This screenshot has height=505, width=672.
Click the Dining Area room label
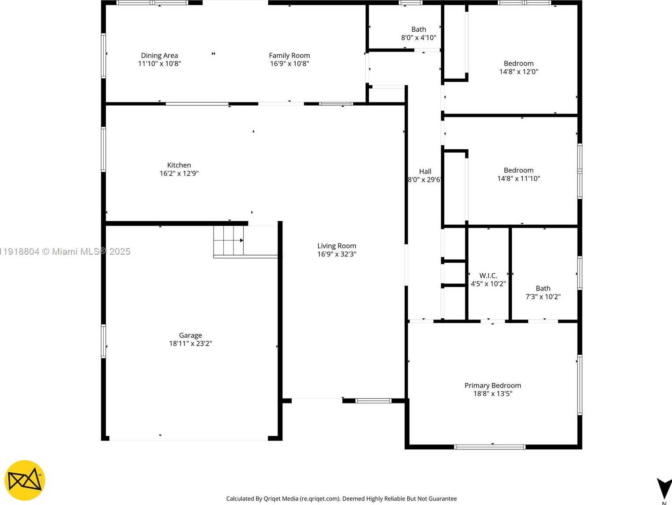[x=159, y=56]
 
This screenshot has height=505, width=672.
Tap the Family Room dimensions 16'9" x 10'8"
[x=289, y=64]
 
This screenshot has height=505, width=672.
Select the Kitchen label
[x=179, y=165]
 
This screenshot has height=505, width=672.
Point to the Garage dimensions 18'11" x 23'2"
[x=191, y=343]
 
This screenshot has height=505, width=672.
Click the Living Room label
[x=337, y=246]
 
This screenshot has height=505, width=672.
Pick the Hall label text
[x=425, y=172]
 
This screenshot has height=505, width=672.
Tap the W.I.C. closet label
[x=488, y=275]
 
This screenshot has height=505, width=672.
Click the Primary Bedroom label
[x=493, y=385]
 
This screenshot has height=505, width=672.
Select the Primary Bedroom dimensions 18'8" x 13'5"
[x=493, y=394]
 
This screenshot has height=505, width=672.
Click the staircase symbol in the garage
[x=229, y=241]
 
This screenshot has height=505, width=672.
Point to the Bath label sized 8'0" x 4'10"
[x=419, y=30]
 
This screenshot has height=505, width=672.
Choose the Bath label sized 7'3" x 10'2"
[x=543, y=288]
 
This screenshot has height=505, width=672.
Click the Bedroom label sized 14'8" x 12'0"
[x=519, y=64]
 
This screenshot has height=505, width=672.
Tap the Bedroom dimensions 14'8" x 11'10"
[x=519, y=179]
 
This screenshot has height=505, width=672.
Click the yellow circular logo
[x=25, y=481]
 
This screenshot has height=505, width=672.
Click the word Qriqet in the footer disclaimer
[x=273, y=499]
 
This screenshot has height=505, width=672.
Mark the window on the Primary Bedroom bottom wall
[x=490, y=447]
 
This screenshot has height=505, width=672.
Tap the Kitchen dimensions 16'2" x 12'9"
[x=179, y=173]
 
